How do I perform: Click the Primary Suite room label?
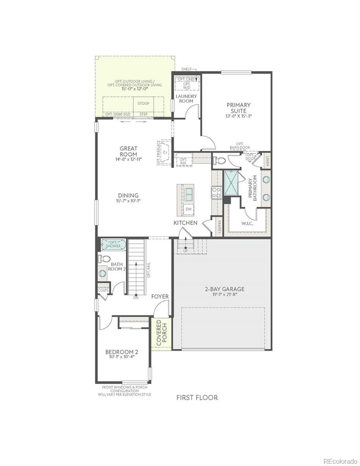238,108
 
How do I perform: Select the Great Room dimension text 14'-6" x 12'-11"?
128,159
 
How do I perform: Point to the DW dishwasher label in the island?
189,209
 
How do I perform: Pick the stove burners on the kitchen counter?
216,193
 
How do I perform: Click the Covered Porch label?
162,333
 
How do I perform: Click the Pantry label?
219,226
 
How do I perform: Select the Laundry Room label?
184,99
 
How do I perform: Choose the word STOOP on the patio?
143,104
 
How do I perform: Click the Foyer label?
160,296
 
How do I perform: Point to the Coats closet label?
103,290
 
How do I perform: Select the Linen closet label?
267,160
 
